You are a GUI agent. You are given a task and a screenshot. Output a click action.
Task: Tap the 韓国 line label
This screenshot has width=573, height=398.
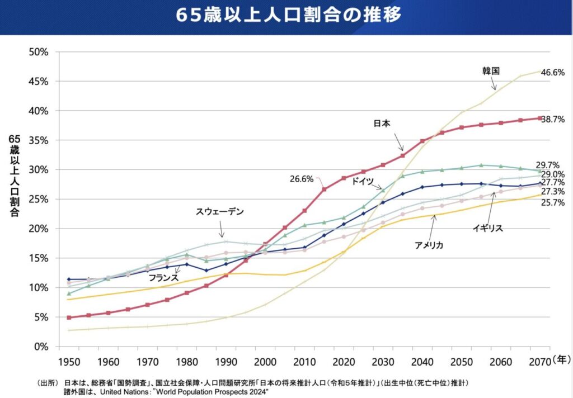pyautogui.click(x=490, y=71)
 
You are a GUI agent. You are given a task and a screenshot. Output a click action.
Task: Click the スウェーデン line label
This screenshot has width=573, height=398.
pyautogui.click(x=220, y=212)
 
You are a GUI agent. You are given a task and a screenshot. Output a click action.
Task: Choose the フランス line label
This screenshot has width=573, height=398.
pyautogui.click(x=163, y=277)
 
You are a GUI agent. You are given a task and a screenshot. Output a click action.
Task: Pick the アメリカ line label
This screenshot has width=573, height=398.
pyautogui.click(x=430, y=244)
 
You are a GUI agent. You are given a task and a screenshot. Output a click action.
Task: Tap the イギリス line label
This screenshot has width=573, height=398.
pyautogui.click(x=488, y=228)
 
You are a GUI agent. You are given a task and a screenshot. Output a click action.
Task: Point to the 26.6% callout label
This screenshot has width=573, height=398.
pyautogui.click(x=302, y=179)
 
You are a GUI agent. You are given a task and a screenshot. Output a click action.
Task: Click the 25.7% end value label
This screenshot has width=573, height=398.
pyautogui.click(x=553, y=202)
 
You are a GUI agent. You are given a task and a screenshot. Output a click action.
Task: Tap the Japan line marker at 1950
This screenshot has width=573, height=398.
pyautogui.click(x=68, y=318)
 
